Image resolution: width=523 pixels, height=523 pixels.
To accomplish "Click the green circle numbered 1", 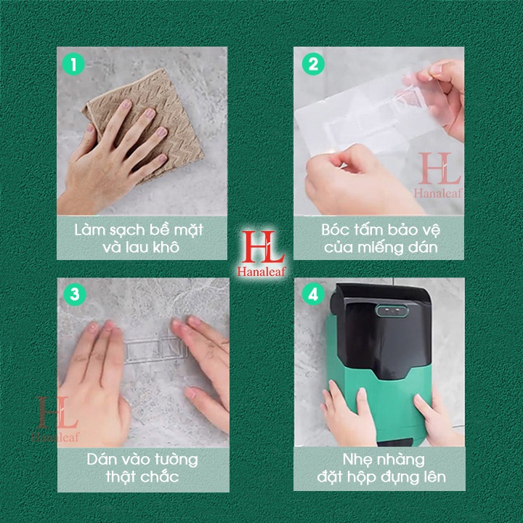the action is [73, 64].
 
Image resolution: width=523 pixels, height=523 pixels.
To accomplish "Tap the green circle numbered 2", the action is [313, 64].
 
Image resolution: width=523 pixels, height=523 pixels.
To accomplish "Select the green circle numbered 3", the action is [75, 294].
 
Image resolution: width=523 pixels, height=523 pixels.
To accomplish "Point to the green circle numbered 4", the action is [313, 294].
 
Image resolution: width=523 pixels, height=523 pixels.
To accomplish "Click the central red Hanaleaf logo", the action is [261, 254].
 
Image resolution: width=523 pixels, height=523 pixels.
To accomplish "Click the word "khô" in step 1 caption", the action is [166, 247].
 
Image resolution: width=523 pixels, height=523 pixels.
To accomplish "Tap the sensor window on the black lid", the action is [392, 311].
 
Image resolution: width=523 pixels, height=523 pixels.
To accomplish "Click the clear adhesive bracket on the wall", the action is [155, 349].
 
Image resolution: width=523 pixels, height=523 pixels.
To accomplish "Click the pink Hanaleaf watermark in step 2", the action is [438, 176].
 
